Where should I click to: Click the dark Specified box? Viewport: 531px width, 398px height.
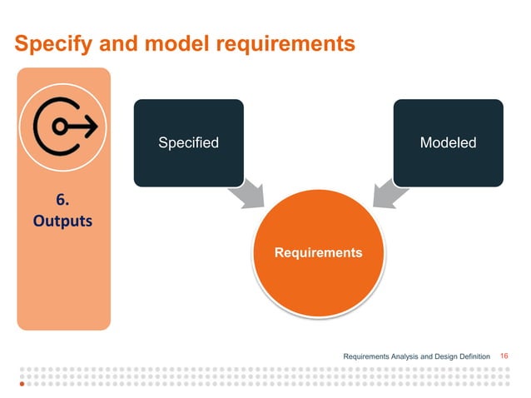tap(188, 142)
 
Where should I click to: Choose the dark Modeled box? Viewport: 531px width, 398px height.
tap(448, 142)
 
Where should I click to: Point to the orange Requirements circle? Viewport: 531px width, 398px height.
tap(320, 251)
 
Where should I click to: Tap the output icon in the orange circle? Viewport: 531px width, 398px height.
tap(64, 127)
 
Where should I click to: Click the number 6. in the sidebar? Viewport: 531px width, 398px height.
tap(62, 200)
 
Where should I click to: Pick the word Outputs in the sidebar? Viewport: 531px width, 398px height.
tap(63, 222)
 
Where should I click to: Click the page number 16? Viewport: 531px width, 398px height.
tap(504, 356)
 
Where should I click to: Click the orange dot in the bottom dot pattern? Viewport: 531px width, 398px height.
tap(22, 386)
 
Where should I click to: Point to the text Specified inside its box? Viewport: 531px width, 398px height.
tap(188, 142)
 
